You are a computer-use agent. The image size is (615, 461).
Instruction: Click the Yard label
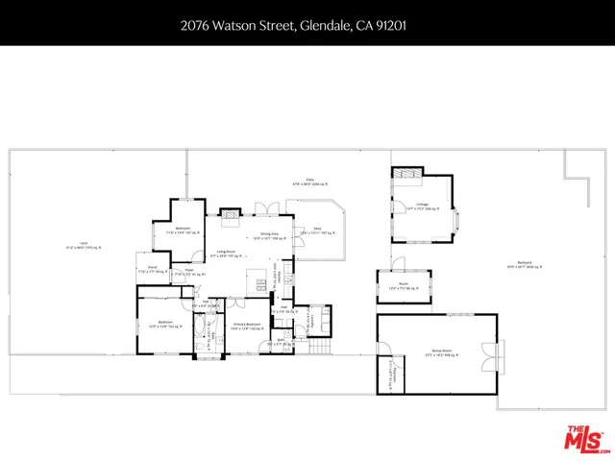84,248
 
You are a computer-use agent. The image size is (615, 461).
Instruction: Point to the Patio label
310,182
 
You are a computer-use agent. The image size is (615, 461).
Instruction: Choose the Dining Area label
268,234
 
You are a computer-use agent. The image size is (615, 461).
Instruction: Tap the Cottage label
422,206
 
